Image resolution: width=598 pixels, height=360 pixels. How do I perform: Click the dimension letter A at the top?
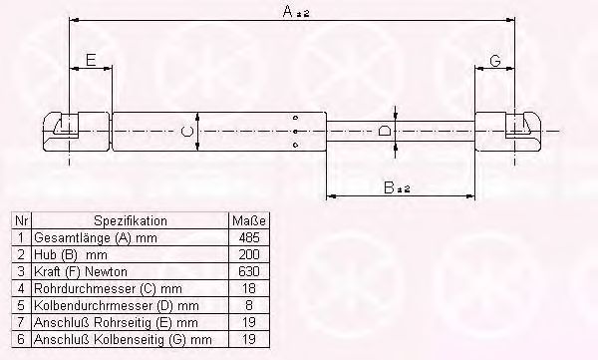click(x=288, y=11)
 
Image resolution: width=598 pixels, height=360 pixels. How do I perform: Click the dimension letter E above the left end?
click(x=91, y=60)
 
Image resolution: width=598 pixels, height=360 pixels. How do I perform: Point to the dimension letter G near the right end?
click(x=494, y=60)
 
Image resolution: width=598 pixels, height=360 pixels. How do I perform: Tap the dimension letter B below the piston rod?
click(x=389, y=187)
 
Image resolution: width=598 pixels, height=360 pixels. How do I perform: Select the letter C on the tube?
click(x=187, y=132)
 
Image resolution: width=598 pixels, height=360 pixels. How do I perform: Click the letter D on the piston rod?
click(x=385, y=132)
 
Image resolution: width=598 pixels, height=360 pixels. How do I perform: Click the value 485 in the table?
click(x=249, y=237)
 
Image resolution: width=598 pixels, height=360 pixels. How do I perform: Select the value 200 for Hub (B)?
click(x=249, y=254)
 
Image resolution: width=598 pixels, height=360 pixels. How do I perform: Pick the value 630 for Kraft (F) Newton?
click(x=249, y=271)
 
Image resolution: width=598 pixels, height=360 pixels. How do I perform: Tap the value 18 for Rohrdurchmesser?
click(x=249, y=288)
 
